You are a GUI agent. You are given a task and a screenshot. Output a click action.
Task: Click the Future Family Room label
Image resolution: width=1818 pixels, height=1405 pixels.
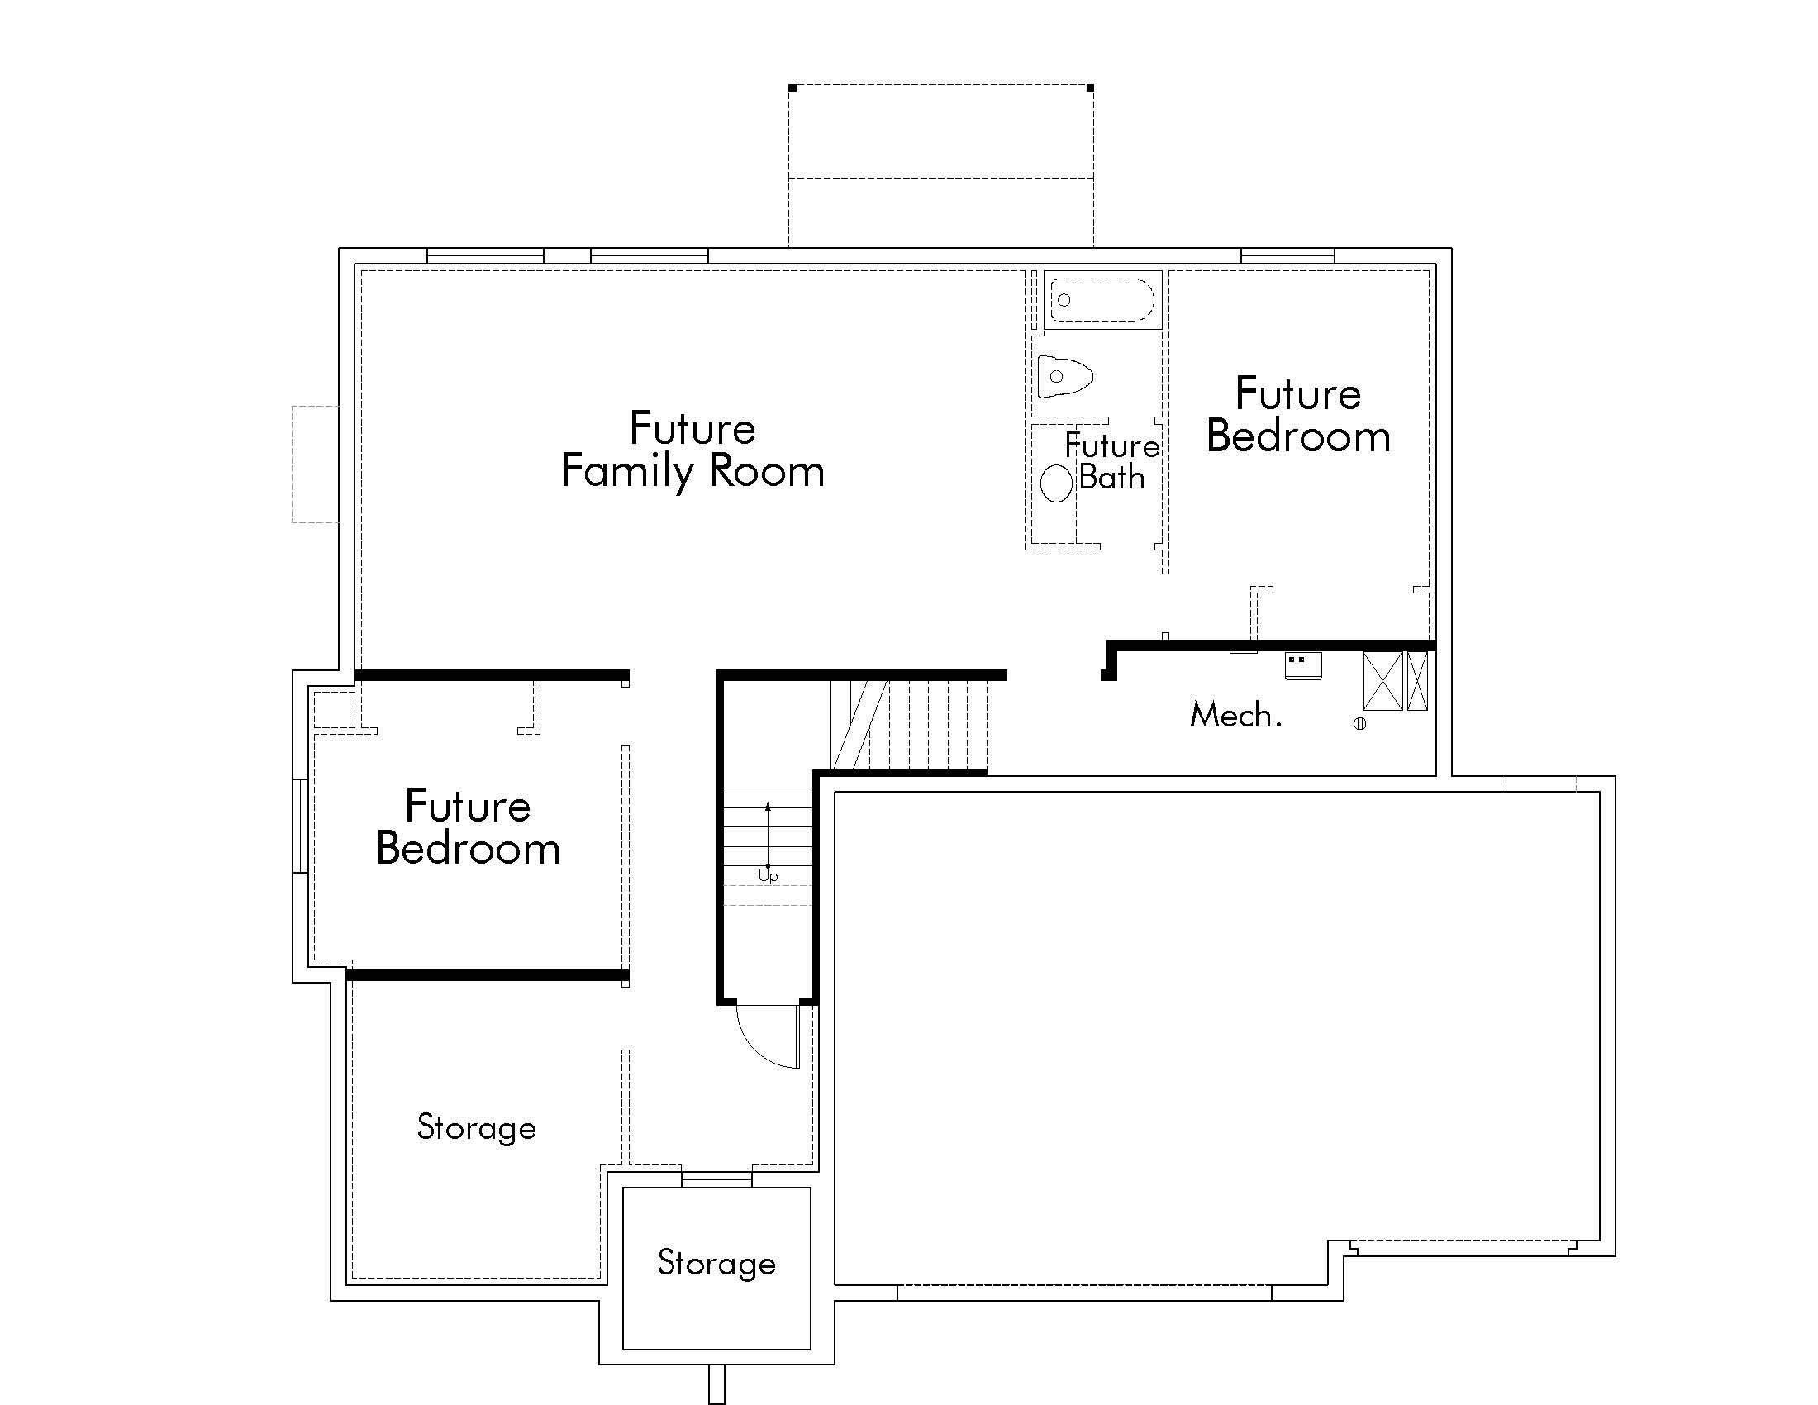[692, 451]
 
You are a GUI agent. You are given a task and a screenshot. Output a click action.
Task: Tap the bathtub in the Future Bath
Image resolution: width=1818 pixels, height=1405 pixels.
[1102, 300]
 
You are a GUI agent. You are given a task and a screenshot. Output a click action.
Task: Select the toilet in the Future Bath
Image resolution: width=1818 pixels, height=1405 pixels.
[1064, 377]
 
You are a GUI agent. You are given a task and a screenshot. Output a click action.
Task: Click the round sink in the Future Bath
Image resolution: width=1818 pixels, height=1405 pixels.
[1056, 483]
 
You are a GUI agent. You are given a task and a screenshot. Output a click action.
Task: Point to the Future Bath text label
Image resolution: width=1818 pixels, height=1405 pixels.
[1112, 461]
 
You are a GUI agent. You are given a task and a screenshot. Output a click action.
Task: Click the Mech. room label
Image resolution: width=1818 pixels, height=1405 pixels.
[1235, 715]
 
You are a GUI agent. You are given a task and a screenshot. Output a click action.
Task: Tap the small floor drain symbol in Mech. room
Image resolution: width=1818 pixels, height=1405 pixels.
[1359, 723]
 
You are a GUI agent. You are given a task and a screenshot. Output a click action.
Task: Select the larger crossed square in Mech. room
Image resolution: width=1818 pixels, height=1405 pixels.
[1383, 681]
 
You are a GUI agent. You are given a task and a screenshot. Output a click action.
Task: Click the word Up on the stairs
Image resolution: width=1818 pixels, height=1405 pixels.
[768, 876]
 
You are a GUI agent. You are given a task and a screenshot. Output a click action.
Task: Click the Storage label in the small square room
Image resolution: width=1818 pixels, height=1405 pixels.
[716, 1263]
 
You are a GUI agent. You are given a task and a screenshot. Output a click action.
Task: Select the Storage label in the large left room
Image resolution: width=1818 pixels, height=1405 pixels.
[476, 1128]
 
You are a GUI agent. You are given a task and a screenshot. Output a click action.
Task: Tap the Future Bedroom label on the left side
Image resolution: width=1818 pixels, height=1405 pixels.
[468, 827]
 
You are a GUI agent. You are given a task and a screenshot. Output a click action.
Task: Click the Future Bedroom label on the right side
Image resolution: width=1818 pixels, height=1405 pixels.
[1298, 415]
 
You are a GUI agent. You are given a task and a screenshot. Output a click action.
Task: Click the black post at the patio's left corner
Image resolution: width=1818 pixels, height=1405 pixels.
[792, 88]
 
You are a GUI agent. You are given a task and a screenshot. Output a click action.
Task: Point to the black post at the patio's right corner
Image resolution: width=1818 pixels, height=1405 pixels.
[1091, 88]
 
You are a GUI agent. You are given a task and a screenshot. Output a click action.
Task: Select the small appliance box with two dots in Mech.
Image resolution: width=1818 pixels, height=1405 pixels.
[1302, 666]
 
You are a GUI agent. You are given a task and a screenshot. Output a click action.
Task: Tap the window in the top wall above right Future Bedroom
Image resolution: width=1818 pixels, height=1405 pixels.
[1287, 255]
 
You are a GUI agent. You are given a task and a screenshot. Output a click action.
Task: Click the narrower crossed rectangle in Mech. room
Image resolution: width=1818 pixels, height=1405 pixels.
[1417, 681]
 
